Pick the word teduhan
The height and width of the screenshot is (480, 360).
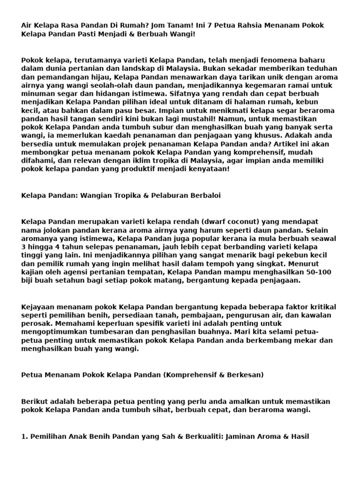point(322,68)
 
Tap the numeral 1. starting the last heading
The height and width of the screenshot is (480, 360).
point(24,436)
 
